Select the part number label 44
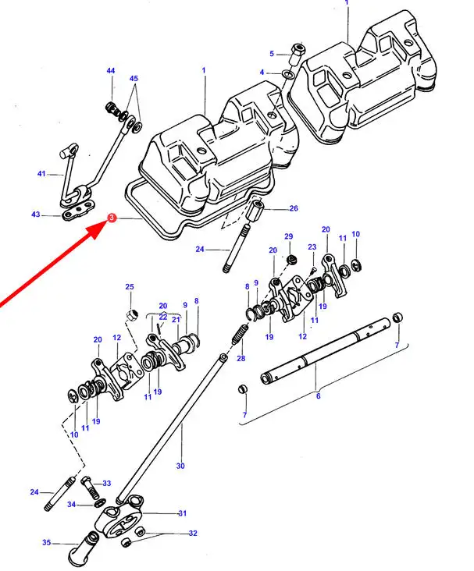click(110, 72)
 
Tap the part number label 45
click(134, 79)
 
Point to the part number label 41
click(41, 175)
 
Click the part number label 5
click(272, 54)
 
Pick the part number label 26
click(294, 208)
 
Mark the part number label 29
click(288, 236)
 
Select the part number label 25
click(130, 287)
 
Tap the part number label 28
click(241, 358)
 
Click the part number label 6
click(318, 396)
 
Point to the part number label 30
click(180, 466)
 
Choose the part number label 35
click(46, 541)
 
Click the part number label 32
click(193, 534)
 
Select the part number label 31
click(183, 513)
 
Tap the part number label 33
click(107, 484)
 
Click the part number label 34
click(71, 505)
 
